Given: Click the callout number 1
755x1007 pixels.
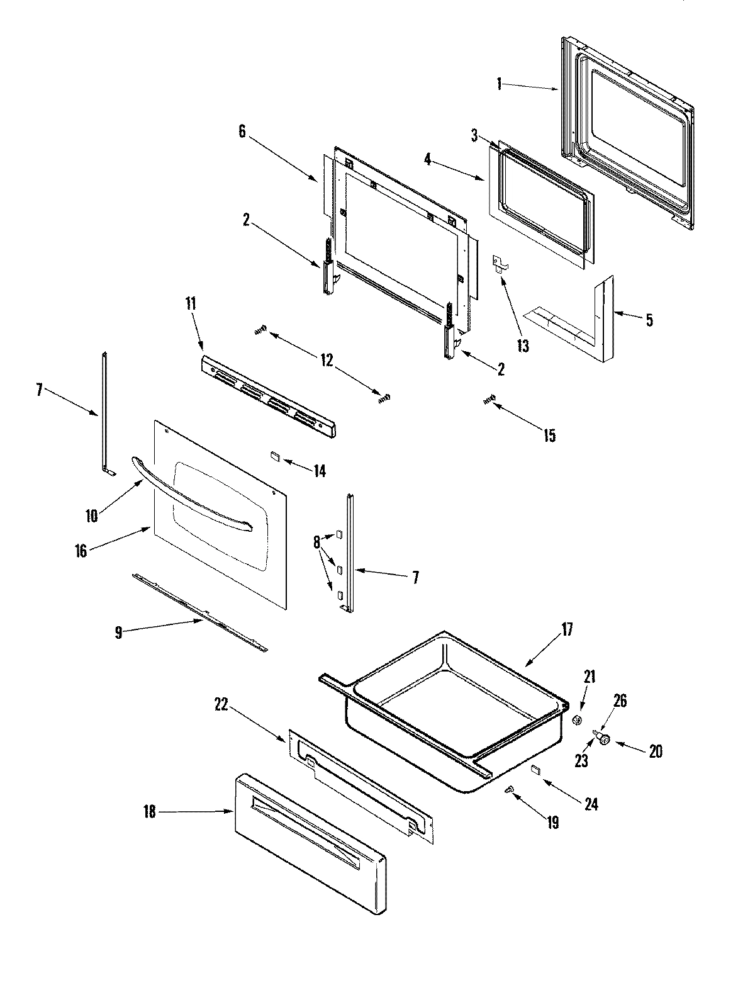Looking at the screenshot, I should [499, 84].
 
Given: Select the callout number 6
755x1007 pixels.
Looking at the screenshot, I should [243, 132].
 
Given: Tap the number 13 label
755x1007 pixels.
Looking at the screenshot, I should [523, 345].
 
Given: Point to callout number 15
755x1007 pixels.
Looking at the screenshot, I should [549, 436].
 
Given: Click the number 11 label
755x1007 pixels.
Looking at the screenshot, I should [191, 304].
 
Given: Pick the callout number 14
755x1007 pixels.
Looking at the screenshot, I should [320, 470].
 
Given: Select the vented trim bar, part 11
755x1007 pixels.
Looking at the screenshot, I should [267, 397].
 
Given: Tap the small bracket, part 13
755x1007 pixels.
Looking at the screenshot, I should [500, 263].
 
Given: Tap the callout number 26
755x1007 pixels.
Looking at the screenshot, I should [620, 701].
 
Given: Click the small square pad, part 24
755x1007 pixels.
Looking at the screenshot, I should [535, 768].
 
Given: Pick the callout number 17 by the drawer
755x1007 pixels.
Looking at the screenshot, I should [567, 629].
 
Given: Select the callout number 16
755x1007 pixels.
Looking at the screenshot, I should [81, 552].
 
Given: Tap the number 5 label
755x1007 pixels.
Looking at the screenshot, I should [649, 320].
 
